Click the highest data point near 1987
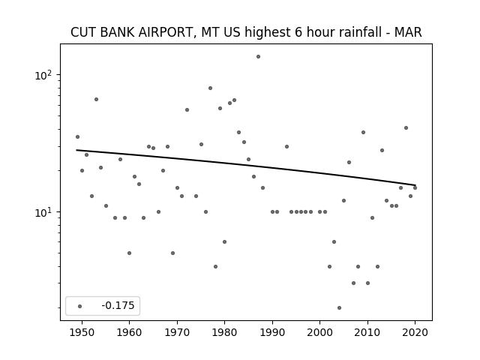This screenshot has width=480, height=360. [258, 57]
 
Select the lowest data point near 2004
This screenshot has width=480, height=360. [339, 308]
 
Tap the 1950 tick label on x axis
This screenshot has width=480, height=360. [82, 332]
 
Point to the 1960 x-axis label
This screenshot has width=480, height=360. [129, 332]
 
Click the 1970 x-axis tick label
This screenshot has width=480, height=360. [177, 332]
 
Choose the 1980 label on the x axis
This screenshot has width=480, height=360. [224, 332]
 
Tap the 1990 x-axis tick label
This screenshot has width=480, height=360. [272, 332]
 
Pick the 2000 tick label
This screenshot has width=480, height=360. [320, 332]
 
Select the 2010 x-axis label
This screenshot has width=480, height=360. [367, 332]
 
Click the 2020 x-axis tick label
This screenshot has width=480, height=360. [415, 332]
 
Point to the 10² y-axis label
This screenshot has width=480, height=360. [43, 75]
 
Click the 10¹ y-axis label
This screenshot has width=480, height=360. [43, 212]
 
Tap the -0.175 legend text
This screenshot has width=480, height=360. [118, 305]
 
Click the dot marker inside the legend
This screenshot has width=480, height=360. [80, 306]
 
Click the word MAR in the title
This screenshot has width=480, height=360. [408, 32]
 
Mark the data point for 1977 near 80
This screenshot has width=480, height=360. [210, 88]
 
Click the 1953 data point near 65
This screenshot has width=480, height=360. [96, 100]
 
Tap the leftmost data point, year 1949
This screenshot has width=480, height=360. [77, 136]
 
